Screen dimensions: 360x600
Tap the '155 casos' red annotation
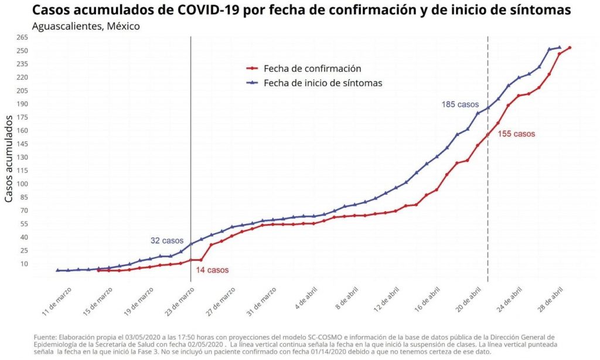click(516, 134)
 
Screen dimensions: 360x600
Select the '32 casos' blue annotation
click(167, 240)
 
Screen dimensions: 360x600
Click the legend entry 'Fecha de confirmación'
click(312, 69)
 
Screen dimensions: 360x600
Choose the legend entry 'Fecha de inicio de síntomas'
click(322, 83)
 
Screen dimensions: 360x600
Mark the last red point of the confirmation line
click(570, 48)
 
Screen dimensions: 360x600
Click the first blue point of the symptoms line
click(58, 270)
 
